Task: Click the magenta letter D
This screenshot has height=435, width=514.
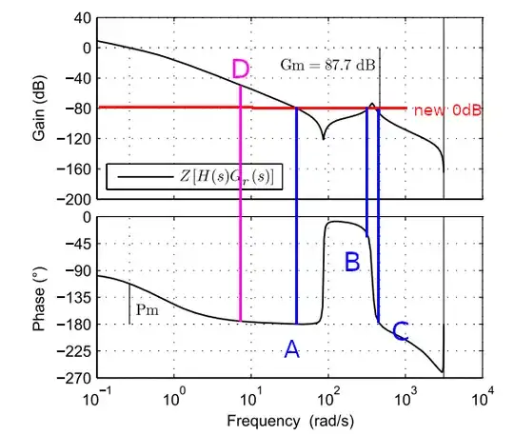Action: pyautogui.click(x=241, y=69)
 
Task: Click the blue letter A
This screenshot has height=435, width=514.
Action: pyautogui.click(x=291, y=350)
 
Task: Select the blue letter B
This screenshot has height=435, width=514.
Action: pyautogui.click(x=351, y=260)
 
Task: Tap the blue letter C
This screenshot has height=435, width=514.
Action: pyautogui.click(x=401, y=331)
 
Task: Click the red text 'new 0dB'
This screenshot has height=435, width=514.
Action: pyautogui.click(x=446, y=110)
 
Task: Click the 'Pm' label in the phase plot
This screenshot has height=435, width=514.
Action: pyautogui.click(x=147, y=309)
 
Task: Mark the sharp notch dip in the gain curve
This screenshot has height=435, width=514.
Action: pyautogui.click(x=323, y=138)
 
